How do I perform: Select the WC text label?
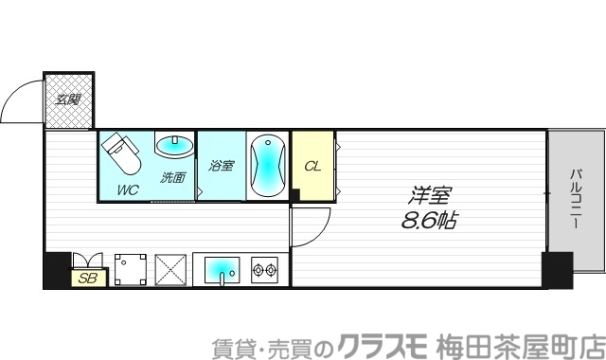pyautogui.click(x=128, y=189)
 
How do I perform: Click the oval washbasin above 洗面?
pyautogui.click(x=172, y=147)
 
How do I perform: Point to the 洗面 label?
pyautogui.click(x=172, y=177)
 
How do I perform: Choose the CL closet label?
pyautogui.click(x=312, y=166)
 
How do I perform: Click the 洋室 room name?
pyautogui.click(x=429, y=196)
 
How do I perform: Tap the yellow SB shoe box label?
pyautogui.click(x=88, y=278)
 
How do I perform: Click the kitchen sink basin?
pyautogui.click(x=224, y=269)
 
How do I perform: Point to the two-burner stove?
pyautogui.click(x=261, y=270)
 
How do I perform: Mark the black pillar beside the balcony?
pyautogui.click(x=557, y=269)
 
